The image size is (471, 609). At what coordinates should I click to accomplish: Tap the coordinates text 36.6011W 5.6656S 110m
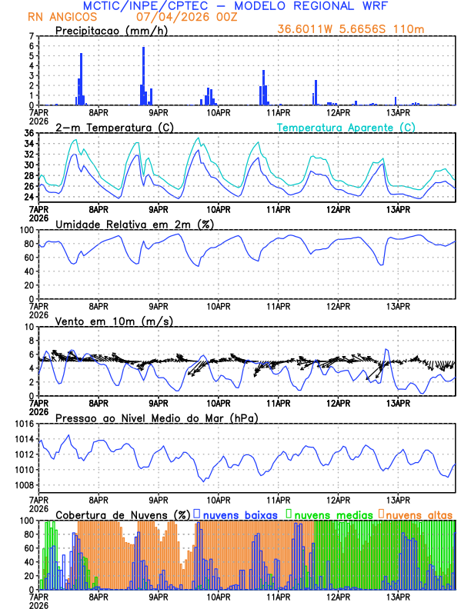[352, 30]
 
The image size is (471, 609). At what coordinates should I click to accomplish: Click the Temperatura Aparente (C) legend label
[346, 127]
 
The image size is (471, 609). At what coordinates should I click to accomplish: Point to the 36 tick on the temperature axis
[29, 133]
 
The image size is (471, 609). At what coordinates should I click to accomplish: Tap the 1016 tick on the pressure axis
[25, 424]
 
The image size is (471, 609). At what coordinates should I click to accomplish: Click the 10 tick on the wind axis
[29, 327]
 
